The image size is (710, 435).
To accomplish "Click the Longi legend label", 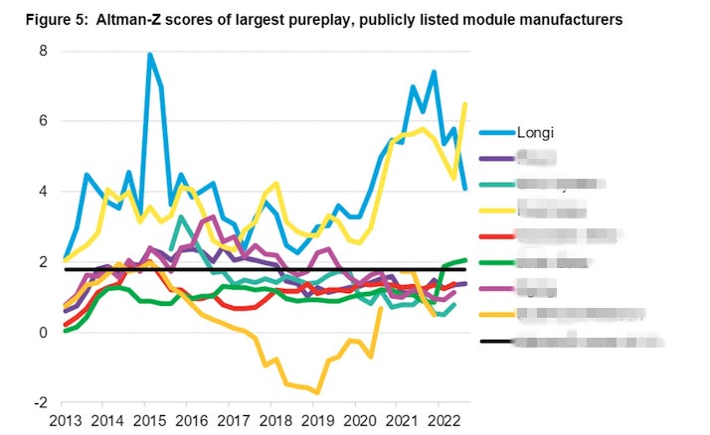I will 538,131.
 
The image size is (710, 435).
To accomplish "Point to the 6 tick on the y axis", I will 42,120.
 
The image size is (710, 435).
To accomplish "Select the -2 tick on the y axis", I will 40,402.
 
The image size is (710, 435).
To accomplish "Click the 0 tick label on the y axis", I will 42,333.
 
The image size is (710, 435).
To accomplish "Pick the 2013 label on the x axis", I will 65,420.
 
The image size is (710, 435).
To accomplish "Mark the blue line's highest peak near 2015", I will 150,55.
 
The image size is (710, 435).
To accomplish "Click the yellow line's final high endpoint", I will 465,104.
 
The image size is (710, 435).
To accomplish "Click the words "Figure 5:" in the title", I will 46,18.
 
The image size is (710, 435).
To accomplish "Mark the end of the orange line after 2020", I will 381,309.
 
